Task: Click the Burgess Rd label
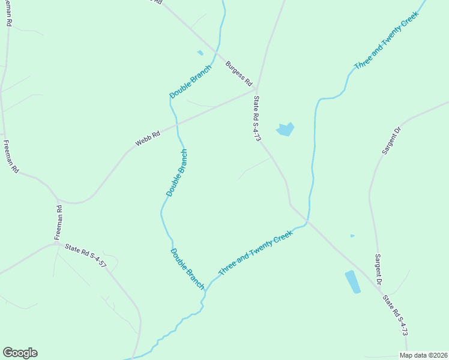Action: (238, 73)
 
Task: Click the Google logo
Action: (20, 353)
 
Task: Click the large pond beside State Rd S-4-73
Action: (285, 129)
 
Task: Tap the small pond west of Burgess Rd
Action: (200, 53)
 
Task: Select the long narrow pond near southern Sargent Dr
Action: (352, 281)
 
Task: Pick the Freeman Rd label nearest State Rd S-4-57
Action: (59, 223)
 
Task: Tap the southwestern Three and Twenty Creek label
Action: (255, 254)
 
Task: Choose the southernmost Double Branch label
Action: (187, 268)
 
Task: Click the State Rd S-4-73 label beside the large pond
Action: (257, 118)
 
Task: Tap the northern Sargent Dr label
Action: (391, 140)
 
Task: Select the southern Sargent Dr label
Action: (379, 269)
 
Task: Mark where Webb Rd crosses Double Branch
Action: (178, 126)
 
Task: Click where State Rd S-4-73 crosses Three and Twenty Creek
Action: (306, 223)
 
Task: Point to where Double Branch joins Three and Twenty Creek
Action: (206, 288)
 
